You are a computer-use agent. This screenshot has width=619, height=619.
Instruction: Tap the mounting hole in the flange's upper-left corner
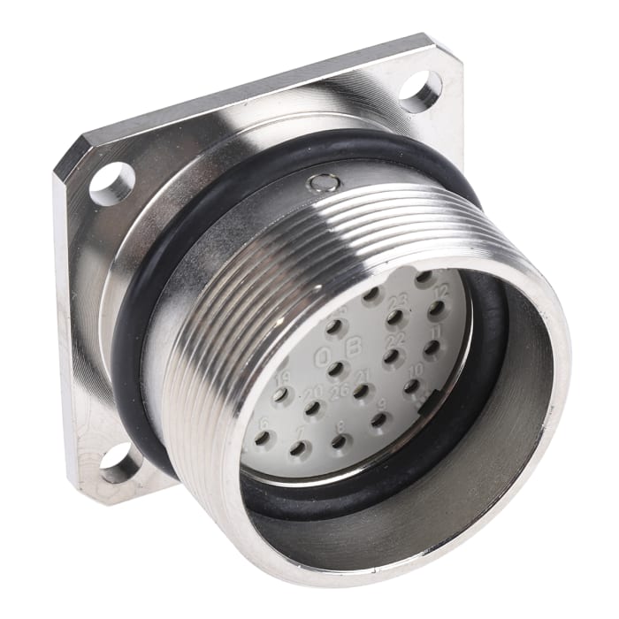pos(111,184)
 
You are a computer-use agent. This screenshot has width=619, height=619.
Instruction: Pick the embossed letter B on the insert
pos(354,348)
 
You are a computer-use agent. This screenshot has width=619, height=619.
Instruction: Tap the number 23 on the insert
pos(397,301)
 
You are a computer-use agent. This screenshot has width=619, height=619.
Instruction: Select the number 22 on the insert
pos(396,340)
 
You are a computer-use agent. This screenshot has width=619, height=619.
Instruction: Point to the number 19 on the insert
pos(282,379)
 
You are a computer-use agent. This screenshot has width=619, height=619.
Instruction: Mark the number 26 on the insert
pos(337,391)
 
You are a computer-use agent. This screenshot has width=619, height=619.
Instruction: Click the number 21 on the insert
pos(363,376)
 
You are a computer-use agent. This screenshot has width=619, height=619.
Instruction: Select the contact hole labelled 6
pos(262,437)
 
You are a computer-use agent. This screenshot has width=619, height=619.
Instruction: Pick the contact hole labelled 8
pos(339,439)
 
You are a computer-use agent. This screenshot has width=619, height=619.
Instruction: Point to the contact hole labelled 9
pos(378,420)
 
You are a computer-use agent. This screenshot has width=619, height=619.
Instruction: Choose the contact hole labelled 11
pos(432,348)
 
